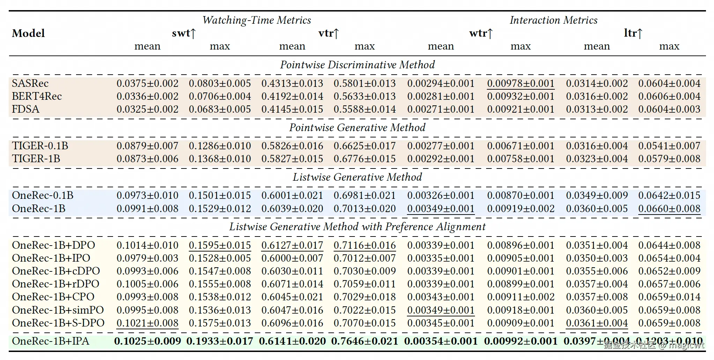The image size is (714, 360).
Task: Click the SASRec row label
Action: tap(30, 83)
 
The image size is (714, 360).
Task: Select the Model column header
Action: tap(28, 33)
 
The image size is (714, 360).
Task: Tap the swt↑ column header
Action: tap(184, 33)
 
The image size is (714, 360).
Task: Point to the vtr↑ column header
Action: tap(328, 33)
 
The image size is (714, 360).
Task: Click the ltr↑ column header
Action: tap(633, 33)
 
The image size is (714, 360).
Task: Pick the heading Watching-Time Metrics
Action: tap(256, 20)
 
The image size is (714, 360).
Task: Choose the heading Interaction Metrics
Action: tap(553, 20)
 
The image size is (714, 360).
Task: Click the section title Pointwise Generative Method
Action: tap(357, 127)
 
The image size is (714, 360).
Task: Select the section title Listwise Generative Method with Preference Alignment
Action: tap(357, 227)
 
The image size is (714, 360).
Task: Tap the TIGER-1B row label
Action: tap(36, 159)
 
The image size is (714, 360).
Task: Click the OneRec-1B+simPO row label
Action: tap(58, 310)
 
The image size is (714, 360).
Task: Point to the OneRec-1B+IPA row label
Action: tap(51, 341)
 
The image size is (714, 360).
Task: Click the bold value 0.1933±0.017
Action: tap(220, 341)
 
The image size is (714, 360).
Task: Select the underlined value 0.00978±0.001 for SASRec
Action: tap(521, 83)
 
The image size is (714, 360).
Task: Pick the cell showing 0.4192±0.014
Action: tap(292, 96)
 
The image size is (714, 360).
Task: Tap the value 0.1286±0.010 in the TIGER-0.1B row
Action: tap(220, 146)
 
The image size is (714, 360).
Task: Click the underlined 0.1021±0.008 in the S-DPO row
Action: tap(147, 323)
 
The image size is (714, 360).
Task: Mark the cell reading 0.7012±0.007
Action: tap(365, 258)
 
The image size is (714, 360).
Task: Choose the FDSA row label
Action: tap(25, 109)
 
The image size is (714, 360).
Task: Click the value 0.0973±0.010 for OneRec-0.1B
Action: tap(147, 195)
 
